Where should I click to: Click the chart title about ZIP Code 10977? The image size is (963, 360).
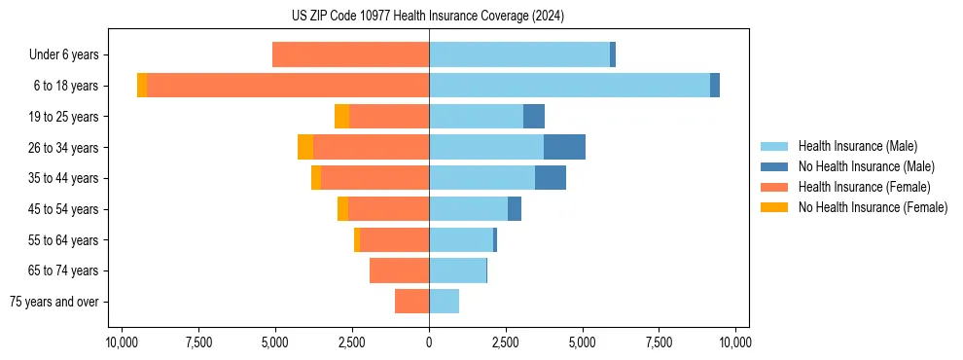pos(428,17)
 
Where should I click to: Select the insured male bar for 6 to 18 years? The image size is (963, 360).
pos(569,86)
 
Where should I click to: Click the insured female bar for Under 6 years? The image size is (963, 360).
pos(350,54)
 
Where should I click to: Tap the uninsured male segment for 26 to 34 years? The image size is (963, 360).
pos(564,147)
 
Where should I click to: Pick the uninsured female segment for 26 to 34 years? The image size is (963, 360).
pos(305,147)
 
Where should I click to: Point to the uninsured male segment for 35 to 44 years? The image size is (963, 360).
pos(550,178)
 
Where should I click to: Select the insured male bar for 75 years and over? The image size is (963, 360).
pos(444,302)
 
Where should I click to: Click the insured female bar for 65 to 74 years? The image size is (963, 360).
pos(399,270)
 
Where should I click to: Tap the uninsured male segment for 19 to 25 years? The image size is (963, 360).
pos(534,117)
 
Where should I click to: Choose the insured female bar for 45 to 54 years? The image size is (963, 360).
pos(388,209)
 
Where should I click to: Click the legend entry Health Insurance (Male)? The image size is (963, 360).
pos(857,146)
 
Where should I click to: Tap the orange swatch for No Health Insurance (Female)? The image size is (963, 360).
pos(774,207)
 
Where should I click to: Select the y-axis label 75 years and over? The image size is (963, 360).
pos(54,302)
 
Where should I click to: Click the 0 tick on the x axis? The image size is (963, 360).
pos(429,342)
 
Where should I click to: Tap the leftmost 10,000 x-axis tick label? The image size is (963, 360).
pos(122,342)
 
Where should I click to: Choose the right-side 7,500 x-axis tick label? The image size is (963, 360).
pos(659,342)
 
